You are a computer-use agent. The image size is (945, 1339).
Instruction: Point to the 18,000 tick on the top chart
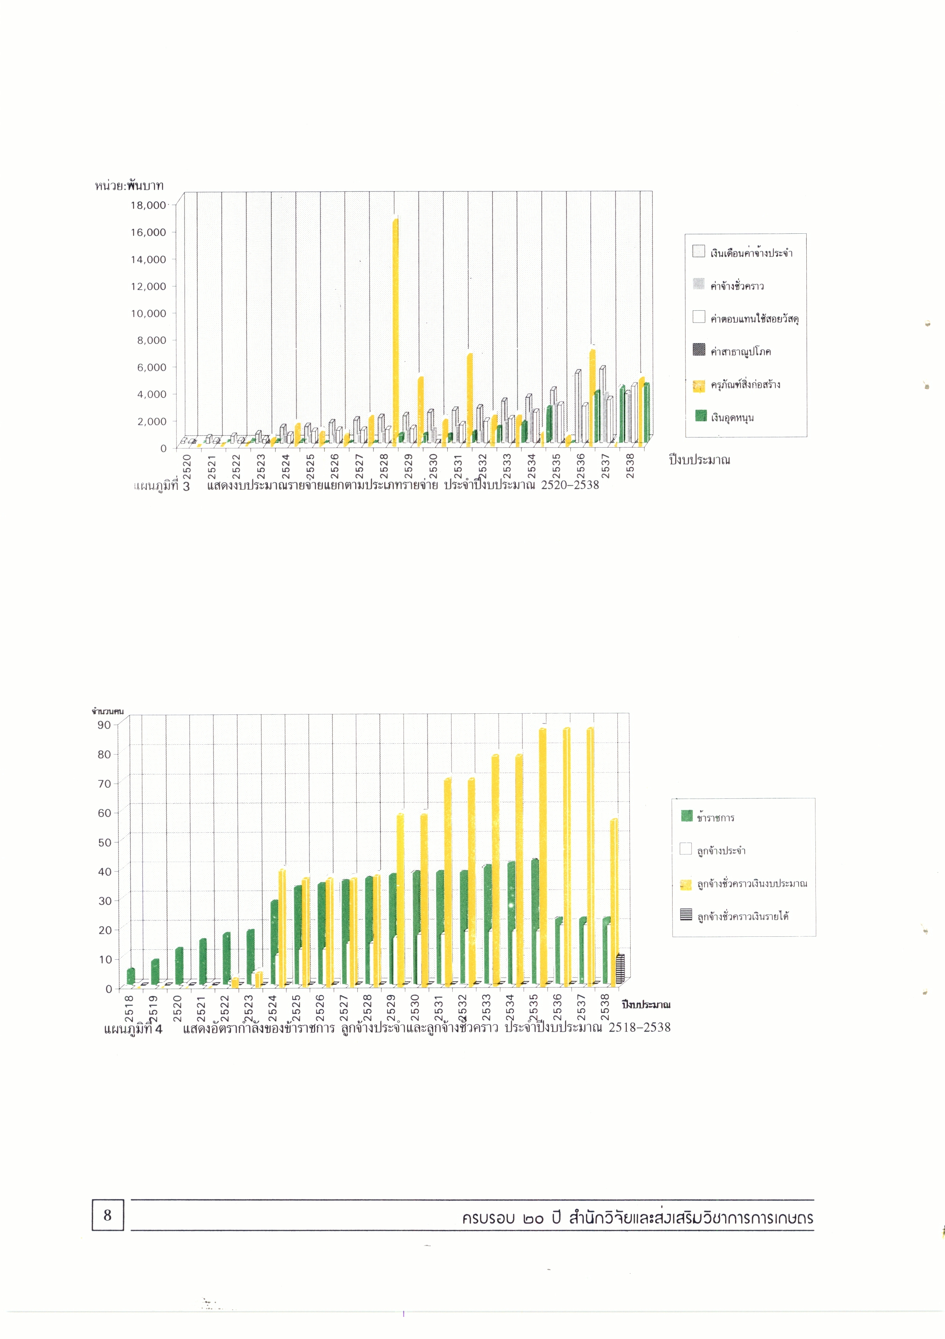point(148,205)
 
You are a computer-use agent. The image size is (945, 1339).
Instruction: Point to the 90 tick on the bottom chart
point(104,725)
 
